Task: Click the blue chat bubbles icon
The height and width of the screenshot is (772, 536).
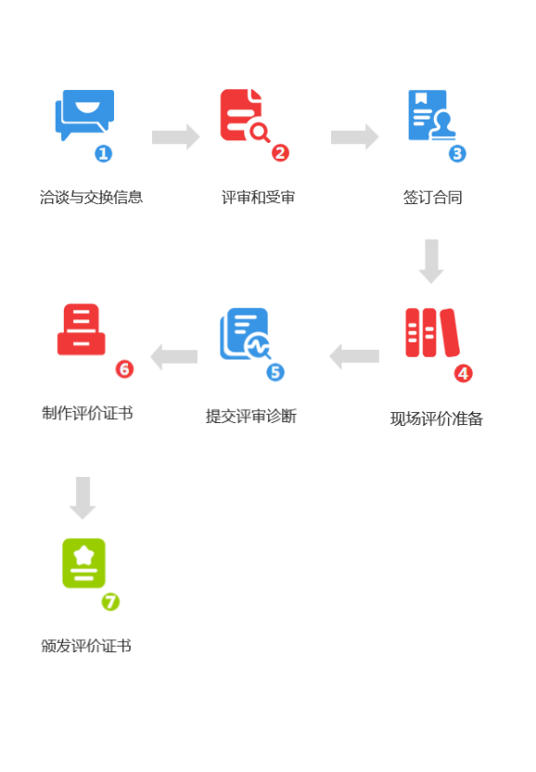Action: point(83,115)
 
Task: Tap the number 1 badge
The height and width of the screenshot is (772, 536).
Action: point(104,153)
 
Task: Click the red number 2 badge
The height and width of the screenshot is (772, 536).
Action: point(280,153)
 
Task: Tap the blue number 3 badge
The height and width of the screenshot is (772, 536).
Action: point(457,153)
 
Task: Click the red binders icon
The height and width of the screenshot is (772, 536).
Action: point(432,332)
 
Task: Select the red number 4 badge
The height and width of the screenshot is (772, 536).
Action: point(463,373)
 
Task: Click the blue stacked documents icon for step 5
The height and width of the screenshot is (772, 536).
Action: point(245,333)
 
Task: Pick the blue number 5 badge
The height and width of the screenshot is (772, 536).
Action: point(275,372)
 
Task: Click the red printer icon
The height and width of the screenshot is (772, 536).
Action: point(81,330)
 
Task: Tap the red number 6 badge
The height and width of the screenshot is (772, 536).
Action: point(124,369)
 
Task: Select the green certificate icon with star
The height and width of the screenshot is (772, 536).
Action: point(83,563)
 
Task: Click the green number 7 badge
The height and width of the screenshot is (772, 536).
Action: point(110,601)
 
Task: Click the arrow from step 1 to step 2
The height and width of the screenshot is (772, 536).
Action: point(175,136)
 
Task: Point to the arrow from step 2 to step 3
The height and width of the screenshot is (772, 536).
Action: point(354,136)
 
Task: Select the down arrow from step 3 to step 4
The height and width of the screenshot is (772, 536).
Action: point(431,262)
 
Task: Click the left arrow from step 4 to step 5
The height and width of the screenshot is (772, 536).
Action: point(354,356)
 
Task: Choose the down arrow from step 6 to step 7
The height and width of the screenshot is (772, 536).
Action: point(83,498)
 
